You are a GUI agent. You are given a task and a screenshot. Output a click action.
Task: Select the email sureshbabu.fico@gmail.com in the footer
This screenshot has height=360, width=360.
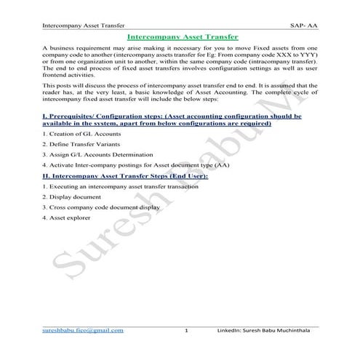tap(84, 330)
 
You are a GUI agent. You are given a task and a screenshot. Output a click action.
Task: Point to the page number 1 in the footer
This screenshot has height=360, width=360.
tap(187, 331)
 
